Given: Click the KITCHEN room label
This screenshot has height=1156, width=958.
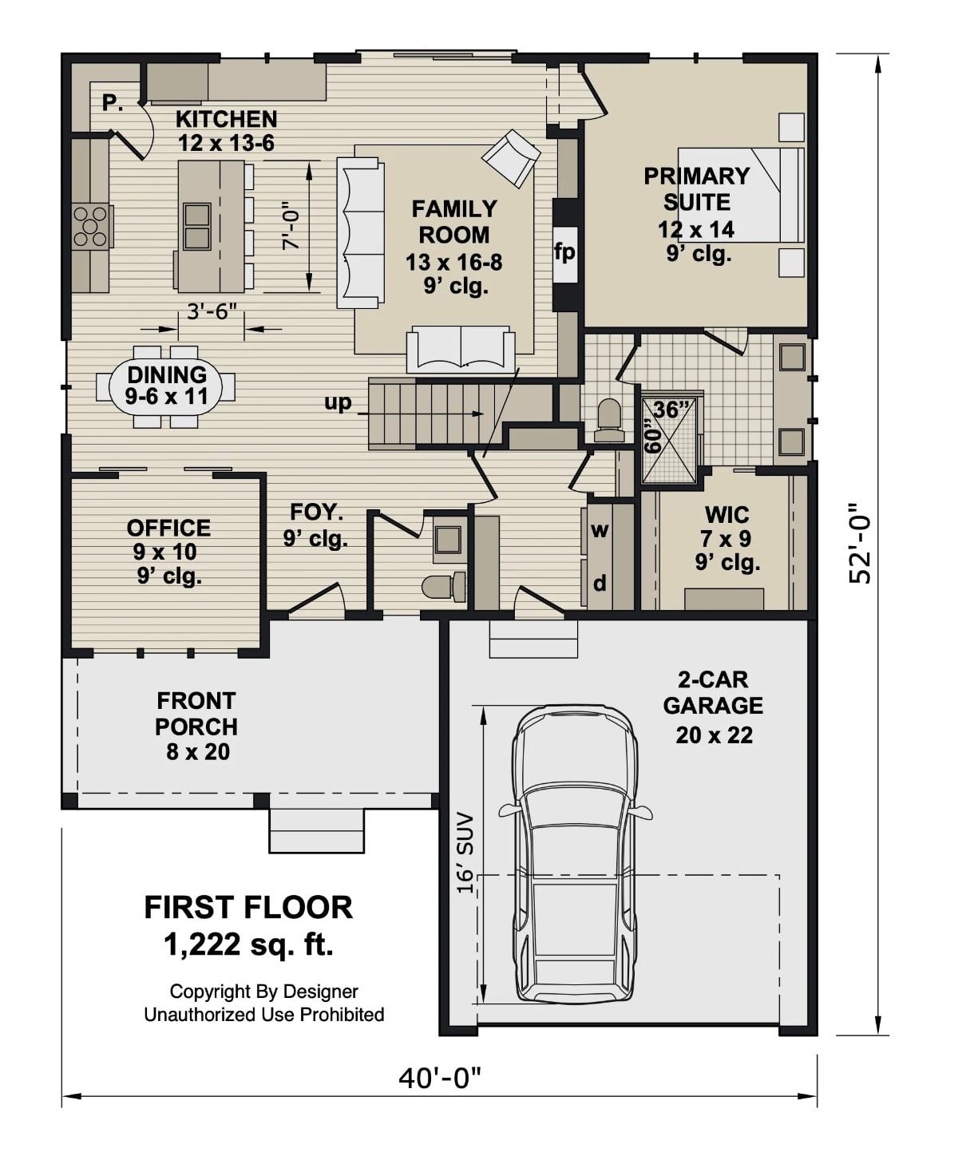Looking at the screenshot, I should [226, 119].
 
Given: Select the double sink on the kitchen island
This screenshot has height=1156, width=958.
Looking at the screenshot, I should [196, 226].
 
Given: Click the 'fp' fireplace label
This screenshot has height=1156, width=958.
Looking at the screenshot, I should [564, 252].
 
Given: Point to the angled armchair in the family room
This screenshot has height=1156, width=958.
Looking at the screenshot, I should [511, 157].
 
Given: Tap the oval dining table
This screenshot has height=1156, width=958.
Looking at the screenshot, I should [166, 386].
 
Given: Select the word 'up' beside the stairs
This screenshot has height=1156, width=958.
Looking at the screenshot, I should [338, 402].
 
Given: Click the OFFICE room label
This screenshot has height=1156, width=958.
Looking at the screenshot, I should [168, 528].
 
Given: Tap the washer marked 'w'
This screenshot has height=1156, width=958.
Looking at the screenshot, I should [600, 529].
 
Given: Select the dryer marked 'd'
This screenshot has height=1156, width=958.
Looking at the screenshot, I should [600, 584].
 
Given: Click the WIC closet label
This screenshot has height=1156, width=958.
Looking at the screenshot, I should [726, 514].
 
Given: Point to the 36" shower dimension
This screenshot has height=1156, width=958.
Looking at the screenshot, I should [671, 409].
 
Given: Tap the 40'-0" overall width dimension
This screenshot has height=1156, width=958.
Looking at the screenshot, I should [440, 1079].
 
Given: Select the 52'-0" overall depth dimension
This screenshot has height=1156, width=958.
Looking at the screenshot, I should [860, 543].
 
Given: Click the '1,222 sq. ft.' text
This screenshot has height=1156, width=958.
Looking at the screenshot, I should [248, 944].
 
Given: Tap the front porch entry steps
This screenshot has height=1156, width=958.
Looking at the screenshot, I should [317, 830].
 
